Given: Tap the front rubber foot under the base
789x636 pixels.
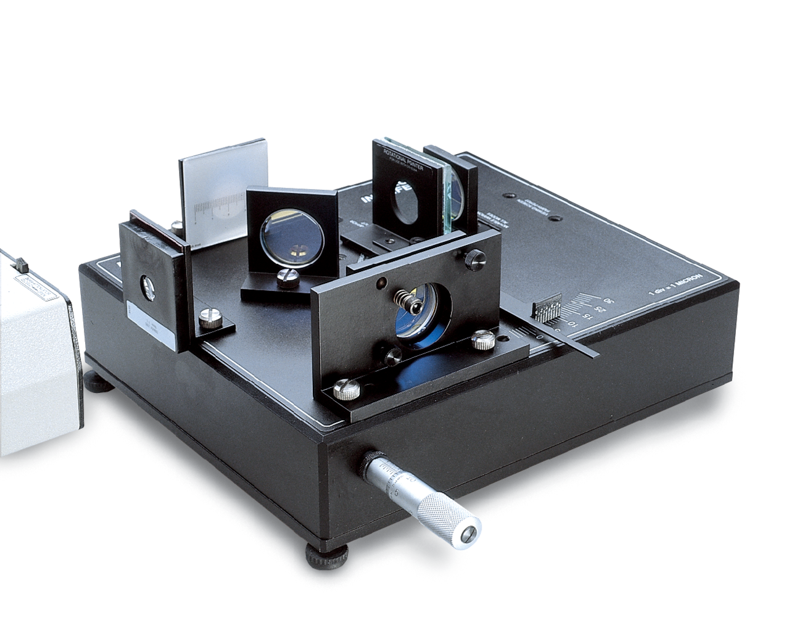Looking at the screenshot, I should (327, 558).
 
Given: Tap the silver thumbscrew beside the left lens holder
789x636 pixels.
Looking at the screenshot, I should (208, 318).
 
